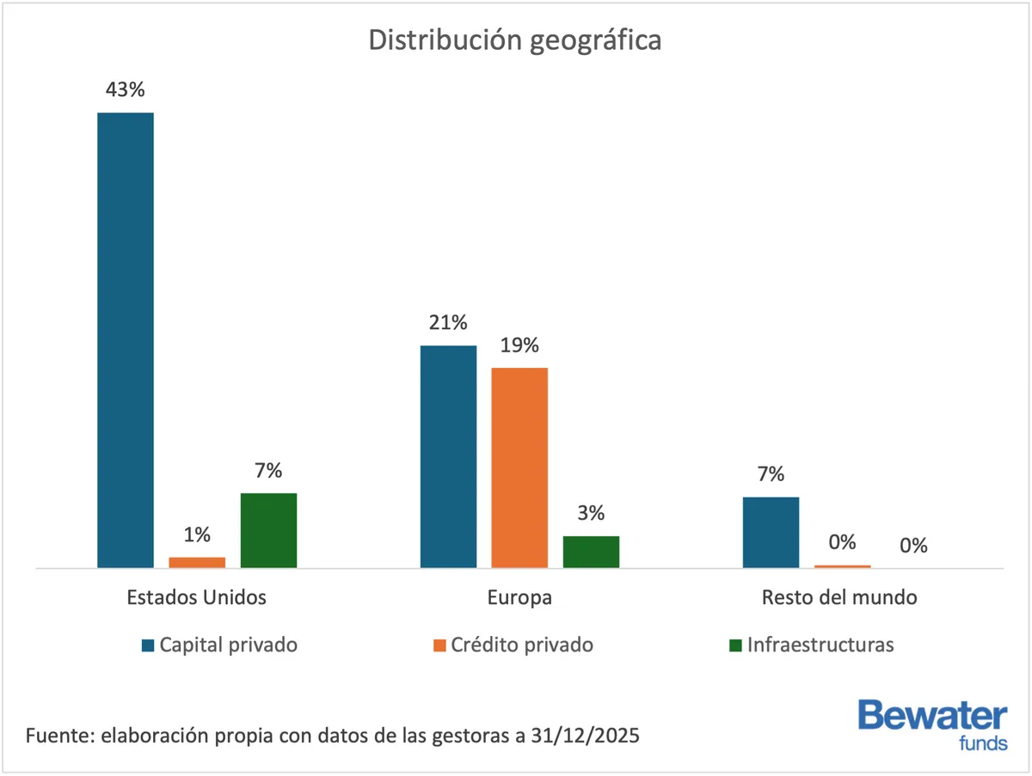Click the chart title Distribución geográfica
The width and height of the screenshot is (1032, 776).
point(515,40)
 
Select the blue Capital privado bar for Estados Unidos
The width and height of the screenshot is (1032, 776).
point(126,339)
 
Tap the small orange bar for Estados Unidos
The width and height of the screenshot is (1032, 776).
point(197,562)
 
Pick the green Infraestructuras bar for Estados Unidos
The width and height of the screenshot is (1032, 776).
point(268,529)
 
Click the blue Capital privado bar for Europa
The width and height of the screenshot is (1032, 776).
point(448,455)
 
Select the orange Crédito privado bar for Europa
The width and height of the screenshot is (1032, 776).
point(519,467)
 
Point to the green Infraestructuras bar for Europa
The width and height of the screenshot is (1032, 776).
point(591,551)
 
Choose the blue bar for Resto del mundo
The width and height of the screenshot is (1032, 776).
point(771,532)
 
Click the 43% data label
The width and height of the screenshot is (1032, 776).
point(126,90)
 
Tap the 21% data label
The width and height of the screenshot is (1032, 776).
point(448,323)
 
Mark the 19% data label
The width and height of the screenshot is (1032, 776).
point(519,345)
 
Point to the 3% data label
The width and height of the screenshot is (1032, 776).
point(591,514)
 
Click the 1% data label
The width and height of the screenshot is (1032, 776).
point(197,535)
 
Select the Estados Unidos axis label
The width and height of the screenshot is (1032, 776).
point(196,597)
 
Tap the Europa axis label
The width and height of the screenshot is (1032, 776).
point(519,597)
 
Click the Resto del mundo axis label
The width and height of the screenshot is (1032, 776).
point(839,597)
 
